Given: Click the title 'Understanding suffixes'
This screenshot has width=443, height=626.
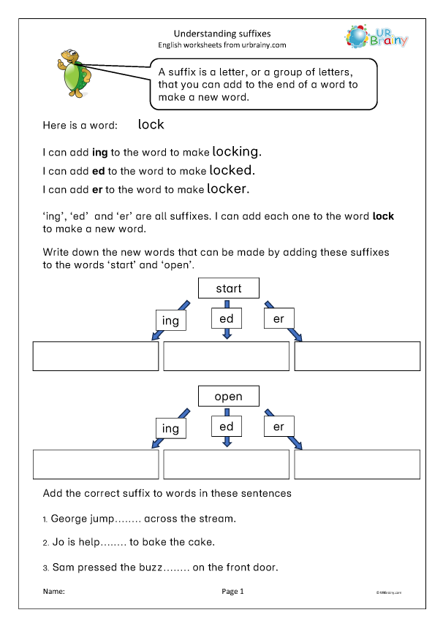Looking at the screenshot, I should (x=221, y=33).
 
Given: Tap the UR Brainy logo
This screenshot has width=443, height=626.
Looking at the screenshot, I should (x=376, y=37).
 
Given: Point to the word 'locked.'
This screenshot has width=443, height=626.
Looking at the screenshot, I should (x=232, y=170).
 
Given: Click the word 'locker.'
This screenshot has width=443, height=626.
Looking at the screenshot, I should (x=228, y=189).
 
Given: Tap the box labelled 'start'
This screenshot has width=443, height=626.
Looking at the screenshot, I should (x=228, y=289).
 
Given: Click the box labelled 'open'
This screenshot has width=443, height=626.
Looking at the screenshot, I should (x=228, y=397).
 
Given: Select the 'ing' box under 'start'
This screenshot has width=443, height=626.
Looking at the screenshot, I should (x=170, y=321).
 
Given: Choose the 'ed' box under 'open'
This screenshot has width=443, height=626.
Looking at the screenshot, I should (x=227, y=427).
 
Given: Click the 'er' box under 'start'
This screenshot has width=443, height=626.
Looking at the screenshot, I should (x=279, y=318).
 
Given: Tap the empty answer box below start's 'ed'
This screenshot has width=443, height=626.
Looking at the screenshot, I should (x=227, y=356).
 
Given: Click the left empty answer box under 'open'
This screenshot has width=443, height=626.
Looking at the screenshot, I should (x=96, y=465).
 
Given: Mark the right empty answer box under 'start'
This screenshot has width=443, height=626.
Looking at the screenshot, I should (x=357, y=356).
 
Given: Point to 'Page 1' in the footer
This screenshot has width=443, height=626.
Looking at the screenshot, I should (x=232, y=591).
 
